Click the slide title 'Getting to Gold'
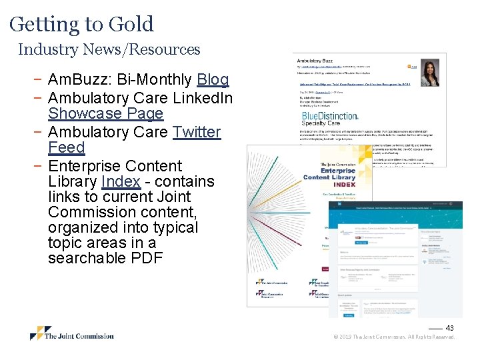tap(81, 25)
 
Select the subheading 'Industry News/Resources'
tap(109, 49)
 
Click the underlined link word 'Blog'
tap(213, 80)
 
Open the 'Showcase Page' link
tap(105, 114)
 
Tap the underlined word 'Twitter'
tap(196, 132)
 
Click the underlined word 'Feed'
tap(67, 147)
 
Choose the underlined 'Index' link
tap(121, 181)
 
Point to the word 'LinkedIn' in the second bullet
tap(203, 98)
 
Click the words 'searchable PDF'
tap(105, 258)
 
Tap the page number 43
tap(450, 327)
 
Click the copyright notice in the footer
tap(394, 337)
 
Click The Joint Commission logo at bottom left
tap(72, 334)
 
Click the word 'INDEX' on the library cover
tap(345, 185)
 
